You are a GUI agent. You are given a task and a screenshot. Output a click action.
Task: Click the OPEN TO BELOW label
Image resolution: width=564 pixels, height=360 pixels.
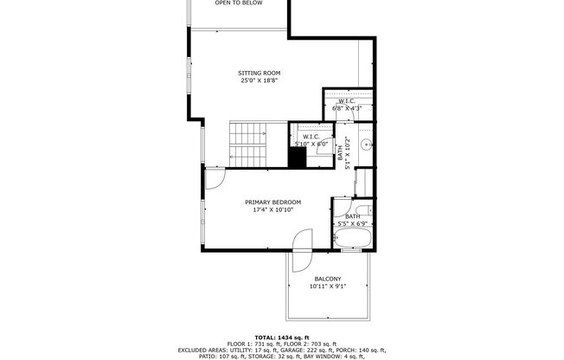tap(239, 3)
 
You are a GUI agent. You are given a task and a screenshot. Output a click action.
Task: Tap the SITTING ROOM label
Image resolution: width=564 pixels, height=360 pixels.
tap(260, 73)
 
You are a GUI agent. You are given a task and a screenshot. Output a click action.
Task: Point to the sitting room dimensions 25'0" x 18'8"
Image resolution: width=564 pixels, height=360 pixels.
tap(260, 80)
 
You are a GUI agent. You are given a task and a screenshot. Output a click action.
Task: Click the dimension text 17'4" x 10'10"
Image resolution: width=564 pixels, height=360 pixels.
tap(274, 209)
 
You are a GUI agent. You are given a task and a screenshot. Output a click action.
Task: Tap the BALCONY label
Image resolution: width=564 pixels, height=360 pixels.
tap(327, 279)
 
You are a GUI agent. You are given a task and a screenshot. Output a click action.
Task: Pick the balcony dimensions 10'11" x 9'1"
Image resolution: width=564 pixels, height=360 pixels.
tap(327, 286)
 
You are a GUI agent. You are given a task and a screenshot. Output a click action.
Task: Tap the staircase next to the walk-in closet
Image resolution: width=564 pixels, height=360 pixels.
tap(246, 145)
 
